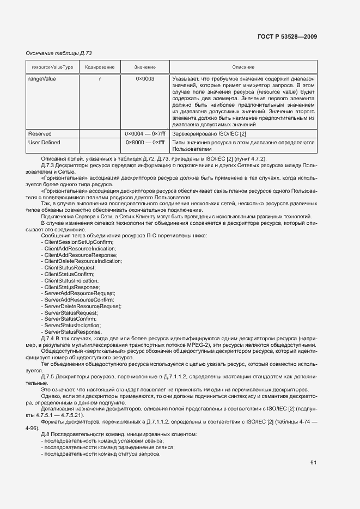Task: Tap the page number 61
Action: pyautogui.click(x=313, y=463)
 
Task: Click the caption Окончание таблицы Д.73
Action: pyautogui.click(x=59, y=53)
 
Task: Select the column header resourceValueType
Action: pyautogui.click(x=52, y=67)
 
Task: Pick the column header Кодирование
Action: pyautogui.click(x=99, y=67)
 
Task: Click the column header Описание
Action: pyautogui.click(x=243, y=67)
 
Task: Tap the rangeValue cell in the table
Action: pyautogui.click(x=41, y=78)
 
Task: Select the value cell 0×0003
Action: pyautogui.click(x=145, y=78)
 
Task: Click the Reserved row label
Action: pyautogui.click(x=40, y=133)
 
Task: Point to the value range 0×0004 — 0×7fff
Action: pyautogui.click(x=145, y=133)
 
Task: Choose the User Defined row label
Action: pyautogui.click(x=44, y=142)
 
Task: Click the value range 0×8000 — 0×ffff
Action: pyautogui.click(x=145, y=142)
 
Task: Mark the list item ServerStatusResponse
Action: pyautogui.click(x=73, y=332)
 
